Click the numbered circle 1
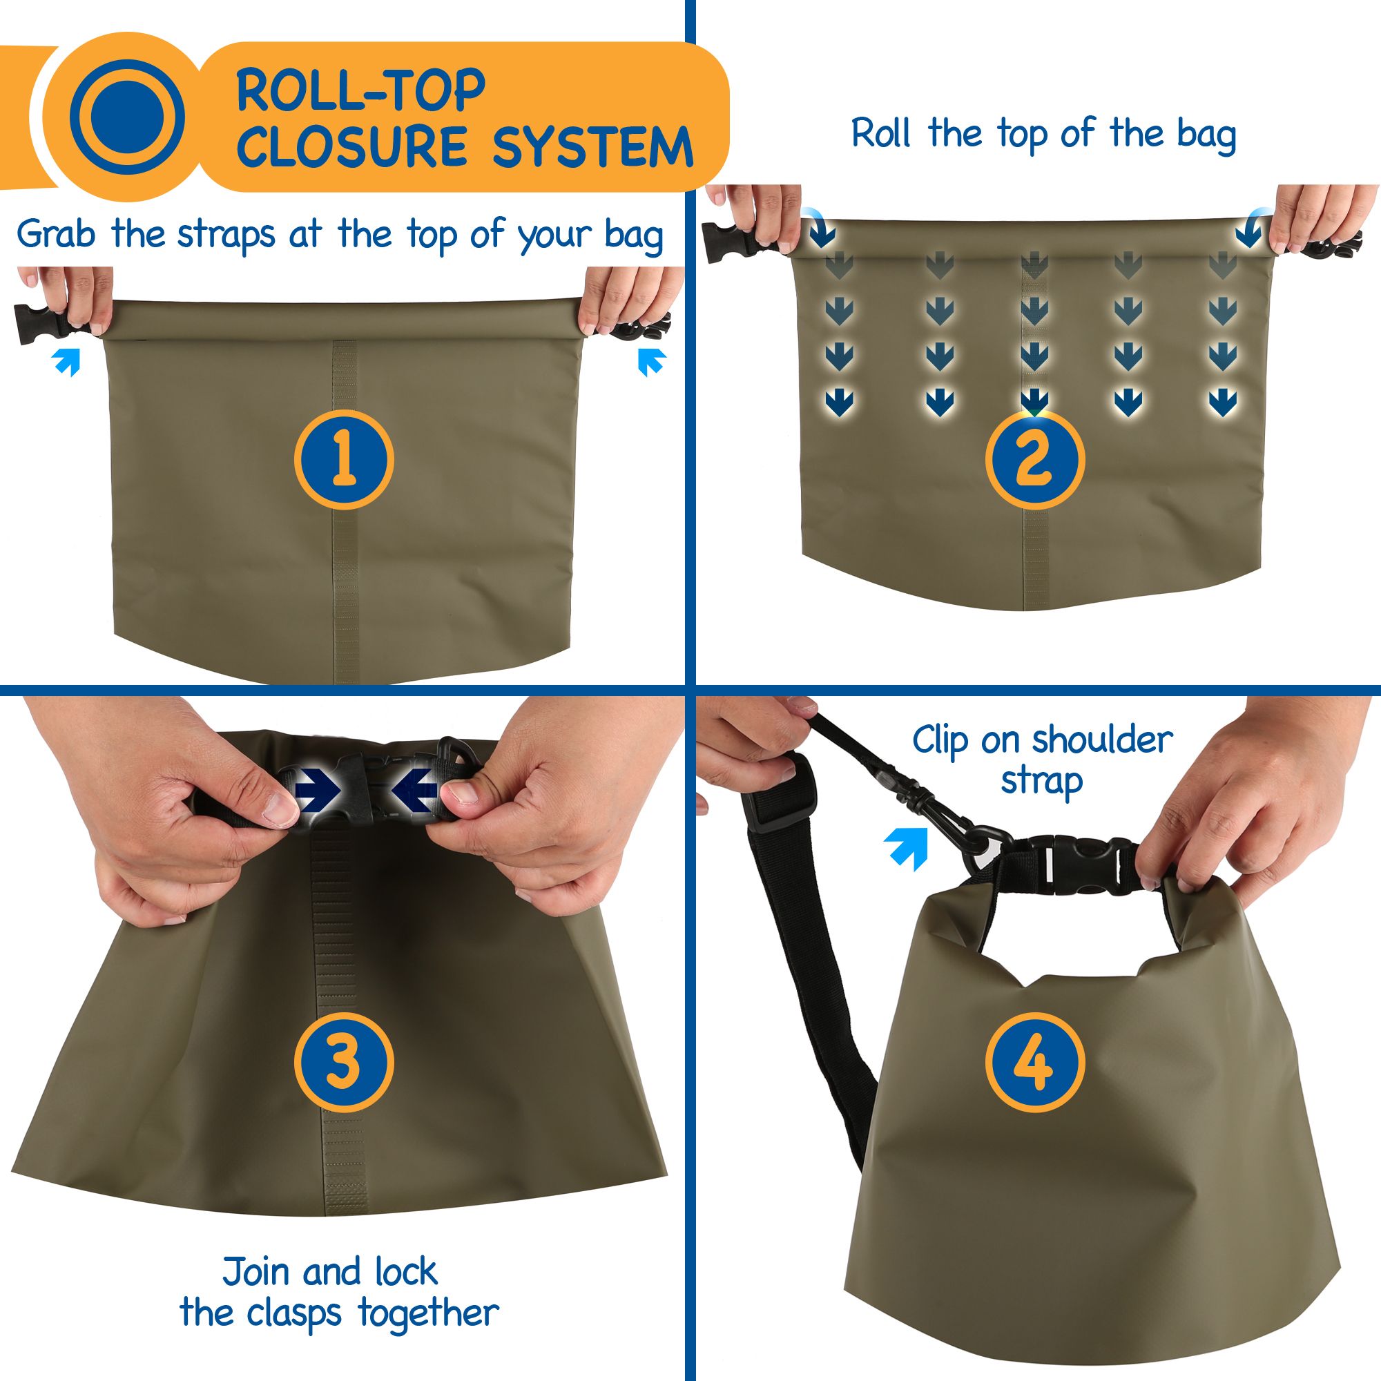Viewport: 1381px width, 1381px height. click(x=344, y=459)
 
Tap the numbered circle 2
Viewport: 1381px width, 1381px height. click(x=1034, y=459)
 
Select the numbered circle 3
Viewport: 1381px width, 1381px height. click(x=344, y=1062)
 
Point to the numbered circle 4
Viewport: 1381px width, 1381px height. click(x=1034, y=1062)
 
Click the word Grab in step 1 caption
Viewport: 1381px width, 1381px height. click(x=55, y=234)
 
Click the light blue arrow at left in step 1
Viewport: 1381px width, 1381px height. click(x=67, y=361)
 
